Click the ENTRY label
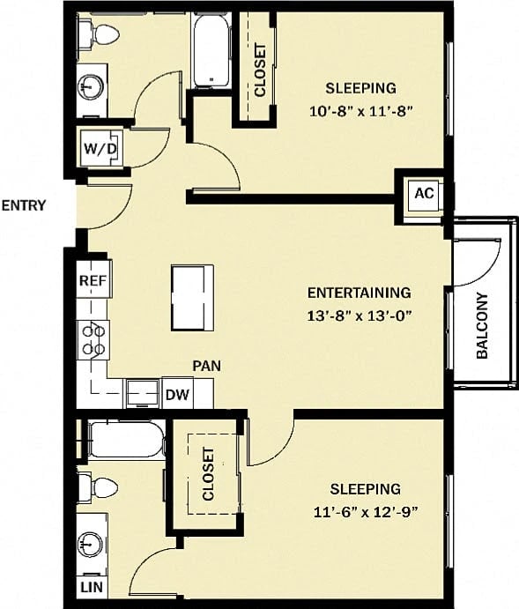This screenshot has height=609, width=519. point(24,206)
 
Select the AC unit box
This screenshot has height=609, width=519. point(424,194)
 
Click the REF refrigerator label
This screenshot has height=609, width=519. point(93,281)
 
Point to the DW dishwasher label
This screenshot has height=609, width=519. point(176,394)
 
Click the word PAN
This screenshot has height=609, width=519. point(207,364)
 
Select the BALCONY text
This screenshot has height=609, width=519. point(482,326)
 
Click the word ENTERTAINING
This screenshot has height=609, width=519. point(359,293)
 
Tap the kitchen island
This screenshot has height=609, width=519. point(192,296)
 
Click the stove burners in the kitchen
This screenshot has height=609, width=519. point(94,340)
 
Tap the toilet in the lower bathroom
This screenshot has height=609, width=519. point(98,487)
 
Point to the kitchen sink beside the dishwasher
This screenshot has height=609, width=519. point(141,393)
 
